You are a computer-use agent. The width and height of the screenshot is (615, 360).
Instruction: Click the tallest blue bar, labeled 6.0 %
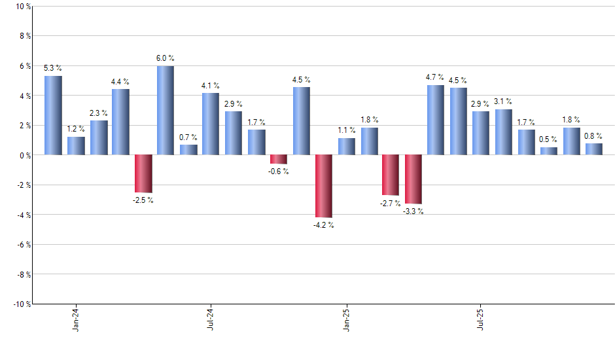point(166,110)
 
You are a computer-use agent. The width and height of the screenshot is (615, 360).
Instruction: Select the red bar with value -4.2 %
point(324,186)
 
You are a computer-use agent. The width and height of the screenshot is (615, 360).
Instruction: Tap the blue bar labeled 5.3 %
point(53,115)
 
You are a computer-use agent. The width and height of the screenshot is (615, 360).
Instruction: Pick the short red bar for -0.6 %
point(279,159)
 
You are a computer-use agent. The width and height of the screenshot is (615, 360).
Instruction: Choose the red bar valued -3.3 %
point(413,179)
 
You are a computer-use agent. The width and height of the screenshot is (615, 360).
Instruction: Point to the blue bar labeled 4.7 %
point(436,120)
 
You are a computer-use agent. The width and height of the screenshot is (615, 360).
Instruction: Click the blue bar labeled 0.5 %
point(549,151)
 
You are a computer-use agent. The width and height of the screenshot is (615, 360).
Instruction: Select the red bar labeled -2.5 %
point(143,173)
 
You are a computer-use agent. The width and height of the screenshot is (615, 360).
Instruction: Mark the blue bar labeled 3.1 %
point(504,132)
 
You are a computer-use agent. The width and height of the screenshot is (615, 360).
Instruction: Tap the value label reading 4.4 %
point(120,82)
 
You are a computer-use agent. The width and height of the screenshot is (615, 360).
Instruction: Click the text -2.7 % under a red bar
point(391,204)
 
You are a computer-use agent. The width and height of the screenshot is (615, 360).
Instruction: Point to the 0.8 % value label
point(594,136)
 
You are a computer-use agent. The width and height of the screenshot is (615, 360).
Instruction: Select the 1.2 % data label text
point(76,130)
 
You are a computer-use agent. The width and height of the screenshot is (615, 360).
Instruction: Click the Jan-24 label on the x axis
point(76,318)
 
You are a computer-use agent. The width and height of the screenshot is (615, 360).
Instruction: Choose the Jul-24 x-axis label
point(211,318)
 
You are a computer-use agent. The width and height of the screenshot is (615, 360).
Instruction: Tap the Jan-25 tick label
point(346,318)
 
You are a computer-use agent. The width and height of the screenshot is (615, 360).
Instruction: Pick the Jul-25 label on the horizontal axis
point(481,318)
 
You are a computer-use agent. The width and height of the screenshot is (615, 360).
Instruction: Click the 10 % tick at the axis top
point(23,7)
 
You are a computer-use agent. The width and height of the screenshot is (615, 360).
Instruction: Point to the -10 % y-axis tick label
point(22,304)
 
